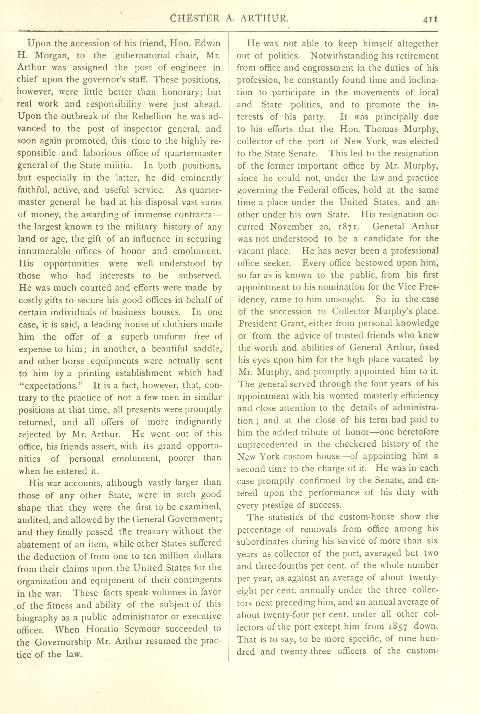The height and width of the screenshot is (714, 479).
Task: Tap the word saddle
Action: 206,349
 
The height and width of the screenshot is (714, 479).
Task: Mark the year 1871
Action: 346,227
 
